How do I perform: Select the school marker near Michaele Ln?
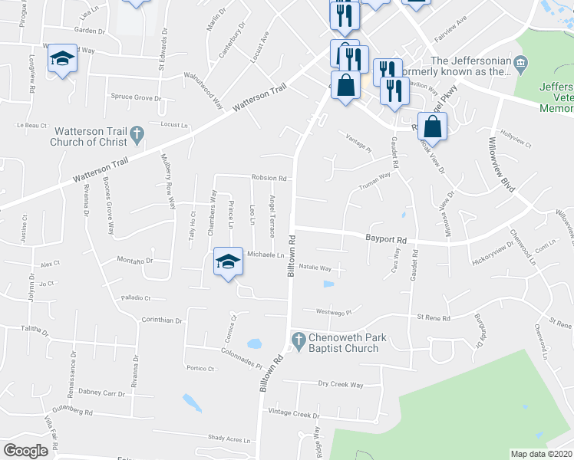click(x=226, y=263)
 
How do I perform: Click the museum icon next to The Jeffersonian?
click(x=521, y=62)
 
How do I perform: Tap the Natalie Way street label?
click(x=315, y=268)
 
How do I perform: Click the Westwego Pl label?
click(x=332, y=312)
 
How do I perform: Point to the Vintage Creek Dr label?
click(x=293, y=414)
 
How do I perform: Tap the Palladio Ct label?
click(x=135, y=297)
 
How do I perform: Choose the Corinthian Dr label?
click(x=161, y=320)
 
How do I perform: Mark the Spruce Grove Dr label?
click(x=136, y=98)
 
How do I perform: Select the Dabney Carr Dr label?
click(x=101, y=393)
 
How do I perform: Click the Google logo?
click(x=26, y=450)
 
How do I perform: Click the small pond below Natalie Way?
click(x=328, y=284)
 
